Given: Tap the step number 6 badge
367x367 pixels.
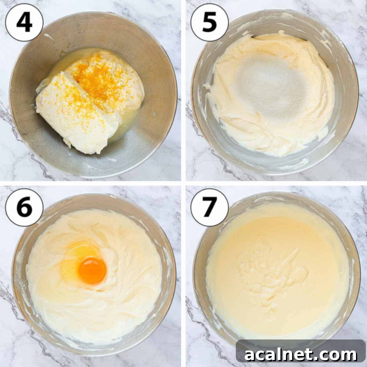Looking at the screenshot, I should [x=24, y=208].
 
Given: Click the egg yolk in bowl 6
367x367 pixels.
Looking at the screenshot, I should [x=92, y=270].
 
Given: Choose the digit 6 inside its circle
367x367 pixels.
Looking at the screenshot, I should [x=24, y=208].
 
